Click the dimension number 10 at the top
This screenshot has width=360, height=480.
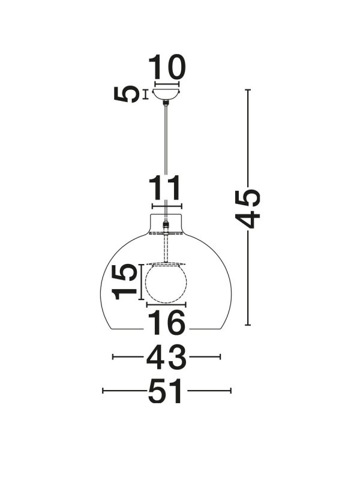[x=167, y=68]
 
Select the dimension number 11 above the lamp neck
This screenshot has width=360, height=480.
[x=165, y=189]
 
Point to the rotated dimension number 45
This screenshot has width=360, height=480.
[x=248, y=208]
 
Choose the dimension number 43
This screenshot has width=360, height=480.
[x=166, y=358]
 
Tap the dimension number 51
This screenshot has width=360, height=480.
[x=166, y=391]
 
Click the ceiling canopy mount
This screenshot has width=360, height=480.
[x=166, y=95]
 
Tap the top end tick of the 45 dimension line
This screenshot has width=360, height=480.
[x=248, y=90]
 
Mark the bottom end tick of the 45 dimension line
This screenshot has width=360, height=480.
[x=248, y=325]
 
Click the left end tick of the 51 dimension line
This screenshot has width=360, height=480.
[x=103, y=391]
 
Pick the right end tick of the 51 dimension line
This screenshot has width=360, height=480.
[x=231, y=391]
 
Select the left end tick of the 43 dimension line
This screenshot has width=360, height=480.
[x=113, y=358]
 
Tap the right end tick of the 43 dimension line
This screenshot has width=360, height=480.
[x=220, y=358]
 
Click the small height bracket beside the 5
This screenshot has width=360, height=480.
[x=145, y=94]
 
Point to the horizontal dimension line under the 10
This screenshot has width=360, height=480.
[x=167, y=83]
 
